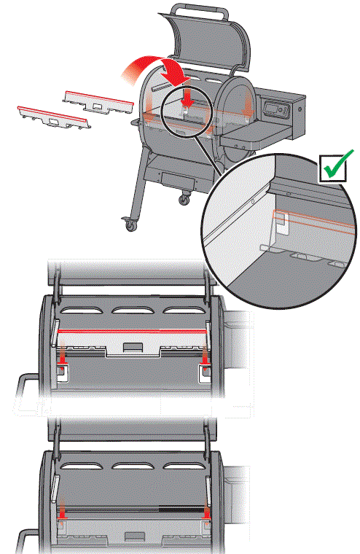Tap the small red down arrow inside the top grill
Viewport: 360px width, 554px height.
coord(187,96)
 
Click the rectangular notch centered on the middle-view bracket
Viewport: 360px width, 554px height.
coord(133,348)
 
